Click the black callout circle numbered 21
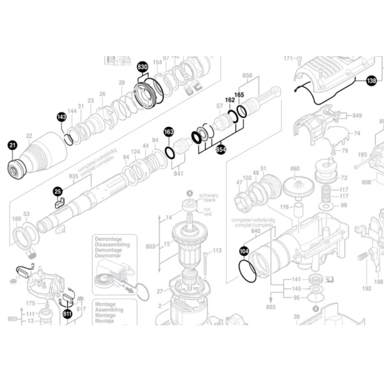12,145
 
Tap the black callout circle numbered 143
61,118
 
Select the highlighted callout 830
142,67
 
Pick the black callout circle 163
169,132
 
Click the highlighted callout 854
221,149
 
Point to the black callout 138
371,80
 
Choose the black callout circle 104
244,252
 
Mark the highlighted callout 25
58,192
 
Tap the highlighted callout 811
67,315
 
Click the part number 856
248,75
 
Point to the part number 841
179,173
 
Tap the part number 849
357,116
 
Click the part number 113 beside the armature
217,251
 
